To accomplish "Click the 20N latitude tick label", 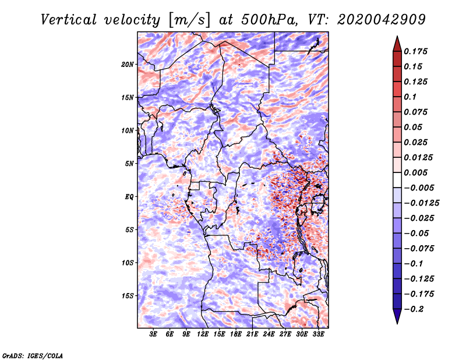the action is [128, 65].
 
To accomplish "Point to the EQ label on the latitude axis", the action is [129, 197].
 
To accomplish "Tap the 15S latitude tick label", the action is [128, 296].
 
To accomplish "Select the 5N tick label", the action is [129, 164].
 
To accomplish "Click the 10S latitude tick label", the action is [128, 263].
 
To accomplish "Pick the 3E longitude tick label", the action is [153, 334].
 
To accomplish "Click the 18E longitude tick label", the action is [236, 334].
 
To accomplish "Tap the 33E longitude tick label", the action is [318, 334].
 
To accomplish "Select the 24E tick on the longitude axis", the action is [269, 334].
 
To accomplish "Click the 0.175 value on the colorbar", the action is [415, 51].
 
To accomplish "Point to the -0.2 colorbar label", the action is [414, 309].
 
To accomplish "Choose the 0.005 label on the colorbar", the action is [415, 172].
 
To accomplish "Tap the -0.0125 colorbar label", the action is [421, 203].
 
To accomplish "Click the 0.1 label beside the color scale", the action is [410, 97].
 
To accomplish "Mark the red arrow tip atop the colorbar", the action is [397, 36].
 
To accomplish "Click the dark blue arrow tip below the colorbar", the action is [397, 323].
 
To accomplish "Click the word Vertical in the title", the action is [69, 20].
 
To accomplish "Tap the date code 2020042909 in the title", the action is [382, 20].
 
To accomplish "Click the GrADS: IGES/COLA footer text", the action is [33, 355].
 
